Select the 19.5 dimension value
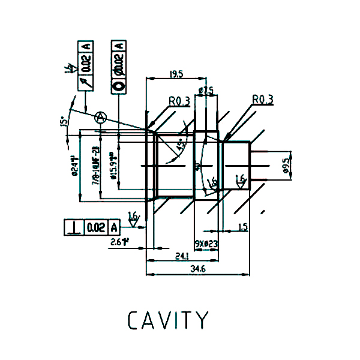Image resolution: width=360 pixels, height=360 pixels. tap(176, 74)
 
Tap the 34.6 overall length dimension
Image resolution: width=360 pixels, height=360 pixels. tap(198, 270)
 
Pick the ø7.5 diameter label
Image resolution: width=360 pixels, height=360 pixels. tap(206, 91)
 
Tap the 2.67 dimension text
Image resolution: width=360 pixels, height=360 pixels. tap(121, 241)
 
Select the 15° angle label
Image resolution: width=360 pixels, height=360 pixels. tap(62, 122)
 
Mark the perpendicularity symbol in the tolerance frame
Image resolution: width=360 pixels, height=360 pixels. tap(73, 227)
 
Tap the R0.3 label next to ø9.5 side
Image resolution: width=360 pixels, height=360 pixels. tap(262, 100)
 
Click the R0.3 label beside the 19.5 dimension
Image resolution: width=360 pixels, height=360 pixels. tap(179, 101)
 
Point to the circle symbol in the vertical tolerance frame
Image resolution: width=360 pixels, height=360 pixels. tap(118, 85)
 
